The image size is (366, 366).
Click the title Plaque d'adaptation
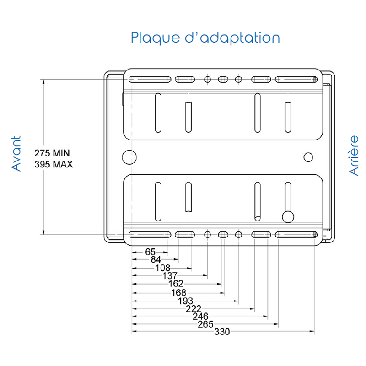(x=205, y=38)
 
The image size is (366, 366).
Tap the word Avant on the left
(x=16, y=154)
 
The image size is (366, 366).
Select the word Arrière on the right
(x=354, y=155)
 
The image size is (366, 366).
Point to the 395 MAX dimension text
(x=54, y=164)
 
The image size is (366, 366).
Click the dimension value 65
(x=150, y=252)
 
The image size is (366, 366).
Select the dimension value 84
(x=156, y=260)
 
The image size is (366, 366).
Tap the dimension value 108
(x=162, y=268)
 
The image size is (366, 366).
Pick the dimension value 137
(x=170, y=276)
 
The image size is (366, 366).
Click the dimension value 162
(x=176, y=284)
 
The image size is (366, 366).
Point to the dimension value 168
(x=178, y=292)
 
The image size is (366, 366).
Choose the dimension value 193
(x=185, y=301)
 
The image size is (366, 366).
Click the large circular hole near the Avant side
(x=129, y=156)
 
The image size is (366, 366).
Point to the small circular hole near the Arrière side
(x=308, y=157)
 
